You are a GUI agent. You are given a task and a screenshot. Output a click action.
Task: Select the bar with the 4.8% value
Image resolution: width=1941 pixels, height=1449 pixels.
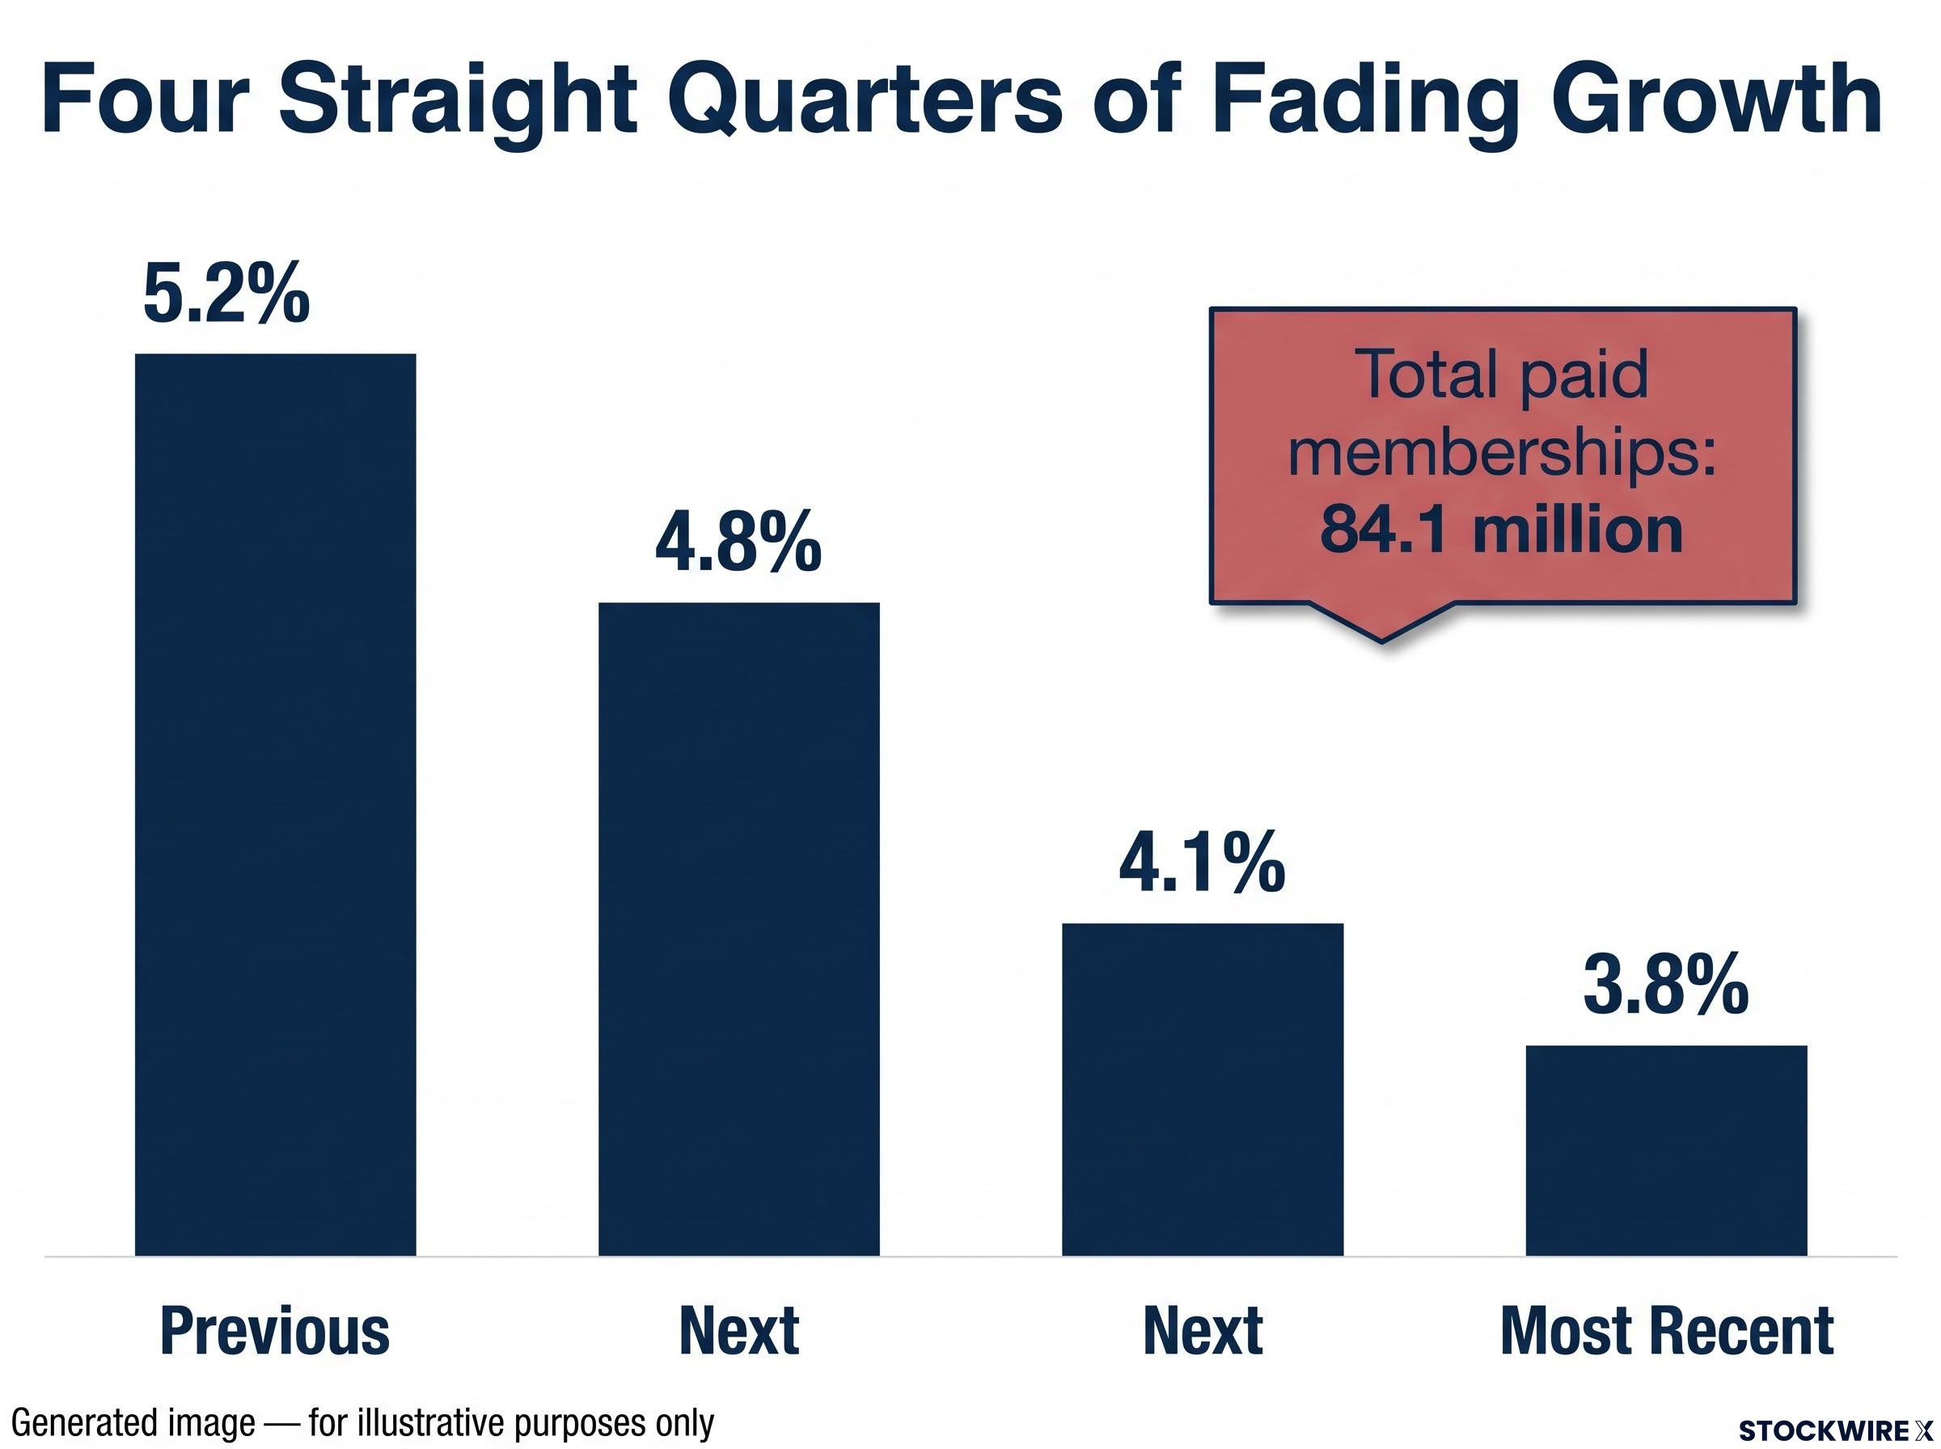click(738, 929)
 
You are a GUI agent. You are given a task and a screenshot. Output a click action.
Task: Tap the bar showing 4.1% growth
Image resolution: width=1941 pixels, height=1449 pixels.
click(1203, 1089)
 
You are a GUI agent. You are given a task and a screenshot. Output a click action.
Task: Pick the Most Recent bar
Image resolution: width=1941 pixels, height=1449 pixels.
click(1667, 1151)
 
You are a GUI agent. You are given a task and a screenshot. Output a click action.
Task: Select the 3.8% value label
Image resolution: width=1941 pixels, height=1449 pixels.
click(1665, 986)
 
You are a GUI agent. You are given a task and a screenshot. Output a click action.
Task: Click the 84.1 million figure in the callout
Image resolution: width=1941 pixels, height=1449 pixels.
click(1501, 530)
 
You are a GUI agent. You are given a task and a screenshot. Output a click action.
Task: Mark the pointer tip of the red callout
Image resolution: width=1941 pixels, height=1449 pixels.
click(1381, 642)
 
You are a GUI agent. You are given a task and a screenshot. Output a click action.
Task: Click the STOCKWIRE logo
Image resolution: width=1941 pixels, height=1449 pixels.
click(1835, 1430)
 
